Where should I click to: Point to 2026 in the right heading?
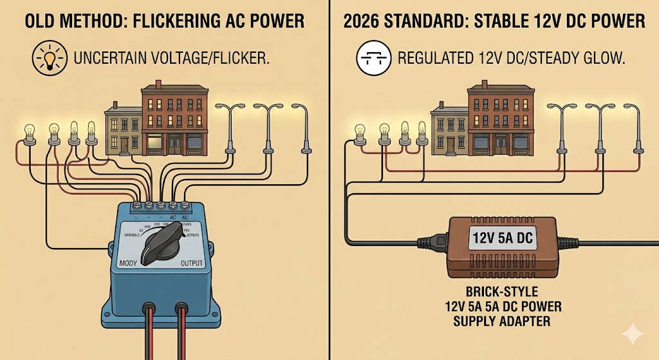point(364,22)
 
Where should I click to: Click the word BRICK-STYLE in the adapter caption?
point(502,290)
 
